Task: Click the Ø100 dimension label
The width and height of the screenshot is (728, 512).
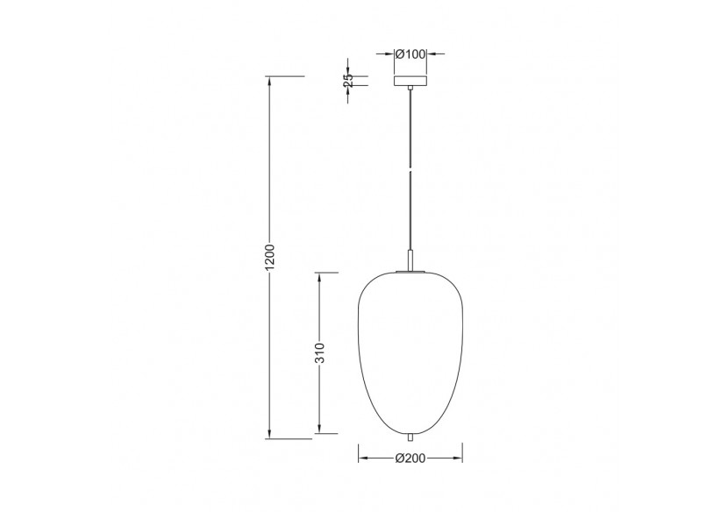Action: (410, 54)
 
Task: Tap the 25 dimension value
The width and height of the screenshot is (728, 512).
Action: (348, 80)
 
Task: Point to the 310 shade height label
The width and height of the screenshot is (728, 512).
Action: (321, 353)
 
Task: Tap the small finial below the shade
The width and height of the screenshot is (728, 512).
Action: (410, 436)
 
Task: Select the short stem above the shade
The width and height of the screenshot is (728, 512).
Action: (410, 261)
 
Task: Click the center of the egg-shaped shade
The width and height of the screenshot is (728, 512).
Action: (410, 351)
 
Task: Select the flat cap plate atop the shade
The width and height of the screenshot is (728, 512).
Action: (410, 272)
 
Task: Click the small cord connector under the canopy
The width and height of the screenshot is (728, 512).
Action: (410, 89)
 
